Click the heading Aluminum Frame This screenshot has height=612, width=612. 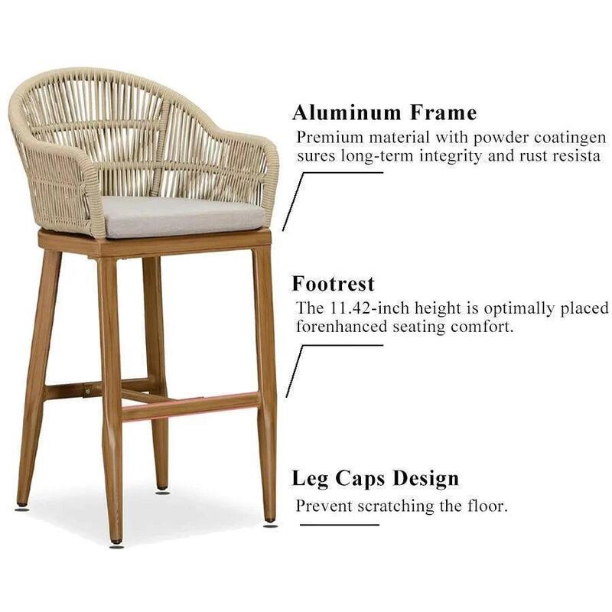tap(384, 113)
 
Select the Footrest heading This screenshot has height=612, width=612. tap(333, 284)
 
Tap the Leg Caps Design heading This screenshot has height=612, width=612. tap(375, 479)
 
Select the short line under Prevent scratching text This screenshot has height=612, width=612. tap(339, 525)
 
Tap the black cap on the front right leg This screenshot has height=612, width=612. tap(270, 524)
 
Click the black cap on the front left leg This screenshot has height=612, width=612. tap(116, 544)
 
